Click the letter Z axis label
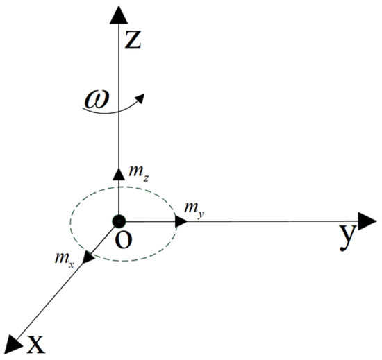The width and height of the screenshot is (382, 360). pos(133,42)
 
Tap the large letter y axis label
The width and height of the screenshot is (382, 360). pos(347,238)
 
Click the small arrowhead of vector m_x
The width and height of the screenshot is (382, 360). pos(88,259)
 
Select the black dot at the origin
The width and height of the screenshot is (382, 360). pos(119,222)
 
